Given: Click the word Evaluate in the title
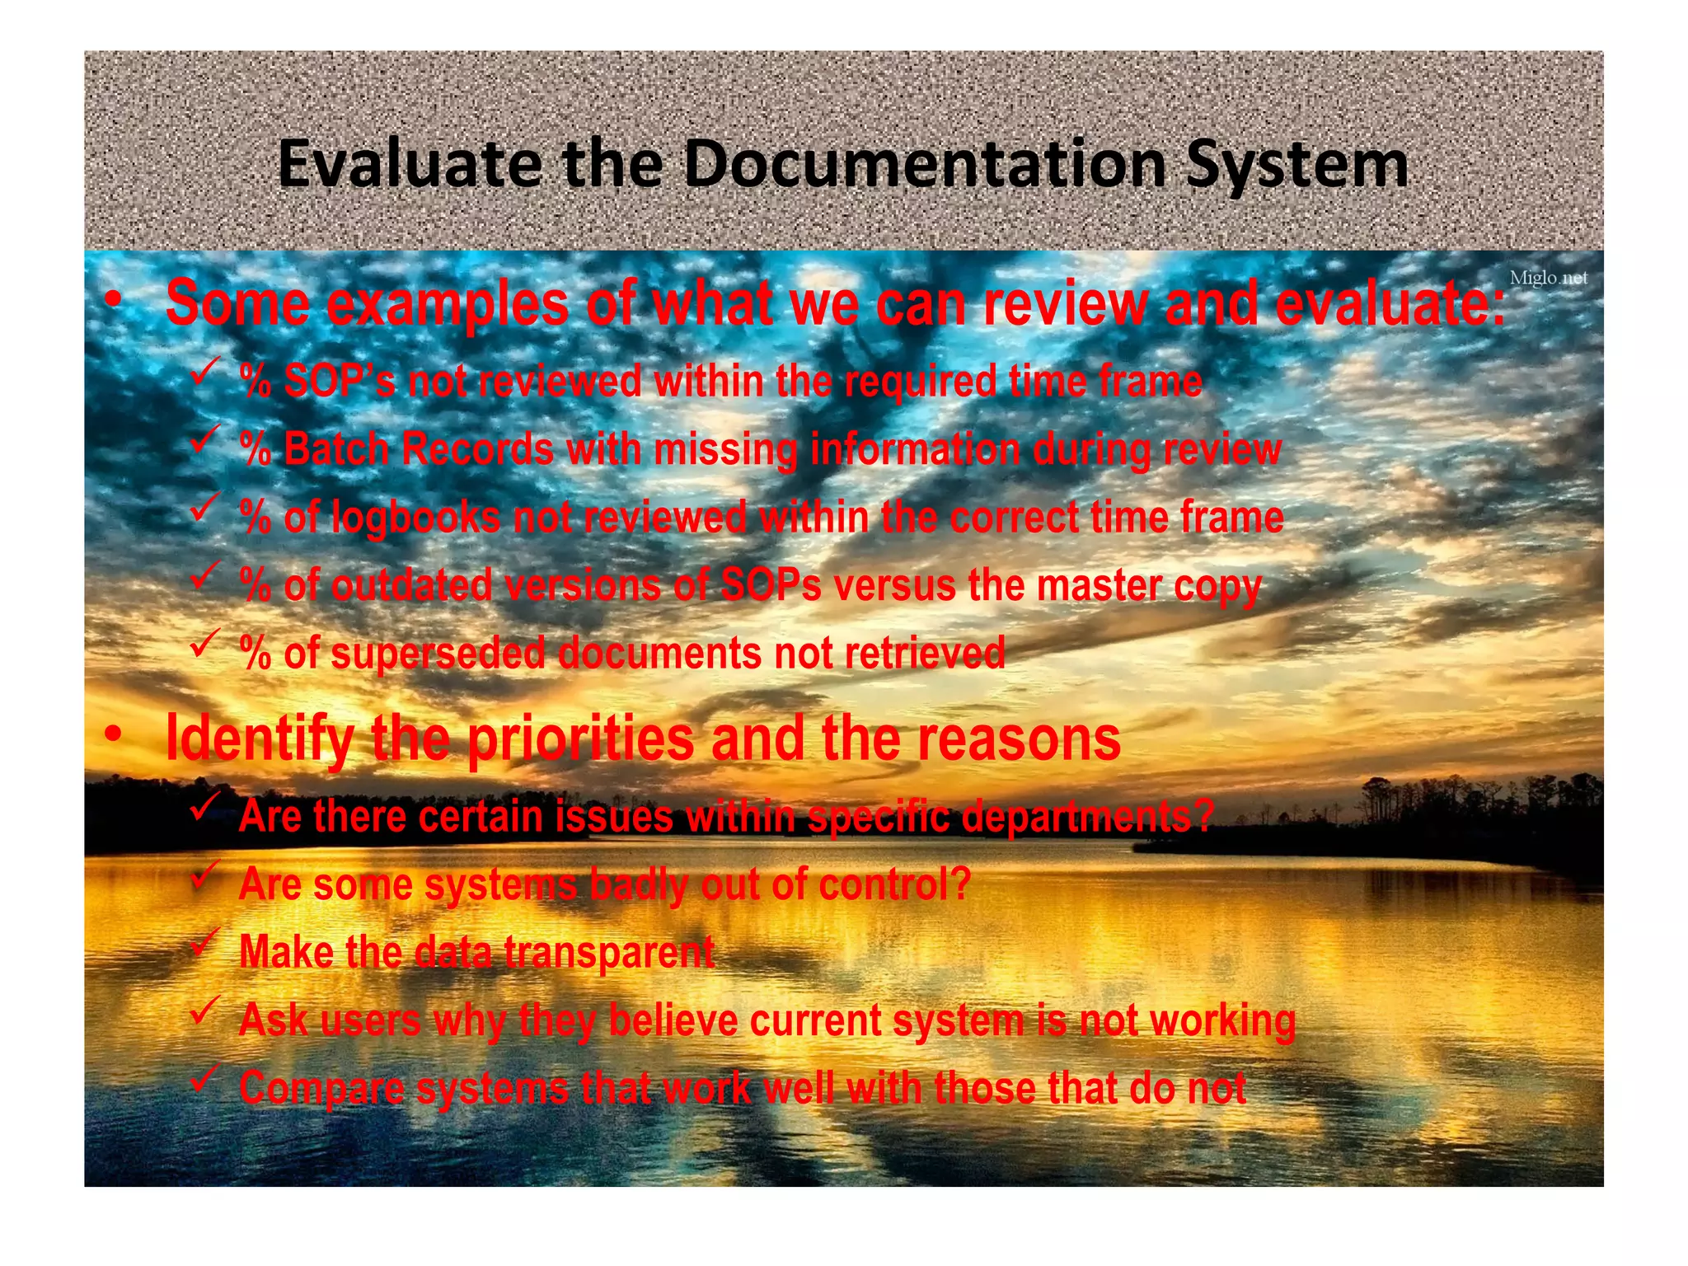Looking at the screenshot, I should click(410, 163).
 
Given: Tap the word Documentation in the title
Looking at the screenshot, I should click(925, 163).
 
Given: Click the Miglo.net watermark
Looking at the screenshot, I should click(1548, 278).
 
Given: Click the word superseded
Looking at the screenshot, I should click(438, 654).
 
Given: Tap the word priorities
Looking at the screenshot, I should click(581, 738).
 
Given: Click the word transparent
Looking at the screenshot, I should click(608, 953).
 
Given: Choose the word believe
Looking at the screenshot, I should click(673, 1020).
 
